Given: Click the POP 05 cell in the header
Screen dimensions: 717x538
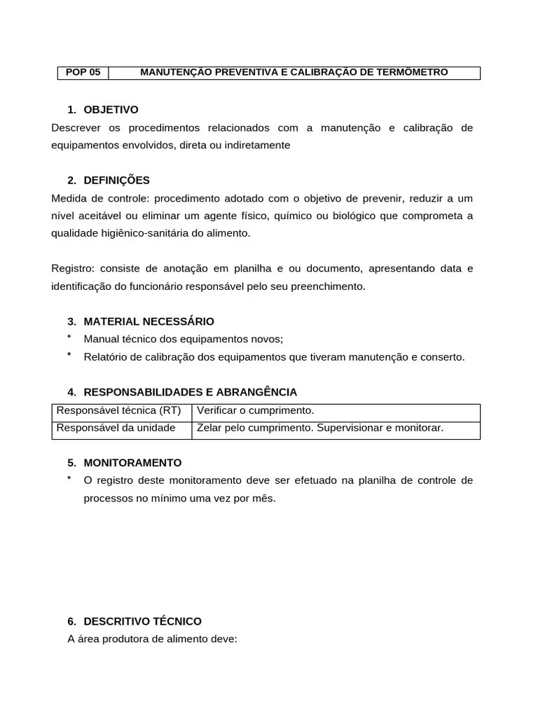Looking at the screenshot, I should pos(83,73).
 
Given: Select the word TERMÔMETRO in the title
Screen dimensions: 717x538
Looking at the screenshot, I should pos(413,73).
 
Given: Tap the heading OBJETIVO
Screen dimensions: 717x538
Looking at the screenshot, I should pos(111,110).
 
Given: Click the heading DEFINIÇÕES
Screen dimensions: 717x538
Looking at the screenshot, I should pos(116,181).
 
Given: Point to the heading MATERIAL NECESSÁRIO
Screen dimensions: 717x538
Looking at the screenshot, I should pos(149,321).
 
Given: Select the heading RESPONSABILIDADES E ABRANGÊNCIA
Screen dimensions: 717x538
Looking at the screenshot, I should pos(190,392).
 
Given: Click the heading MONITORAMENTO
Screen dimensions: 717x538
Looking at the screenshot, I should pos(132,463).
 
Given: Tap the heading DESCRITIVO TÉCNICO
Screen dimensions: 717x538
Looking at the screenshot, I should pos(142,622).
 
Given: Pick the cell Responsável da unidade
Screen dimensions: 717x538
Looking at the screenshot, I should pos(116,428).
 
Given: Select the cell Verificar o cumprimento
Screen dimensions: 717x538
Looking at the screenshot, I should pos(256,410).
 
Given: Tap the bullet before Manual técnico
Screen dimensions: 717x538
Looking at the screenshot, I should pos(69,337).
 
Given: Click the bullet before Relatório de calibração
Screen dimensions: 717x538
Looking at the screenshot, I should pos(69,355).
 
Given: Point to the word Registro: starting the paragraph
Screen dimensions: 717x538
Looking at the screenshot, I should pos(73,269).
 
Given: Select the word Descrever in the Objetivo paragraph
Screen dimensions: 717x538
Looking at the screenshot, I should pos(76,127).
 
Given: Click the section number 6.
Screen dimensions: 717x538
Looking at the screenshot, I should pos(71,622).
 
